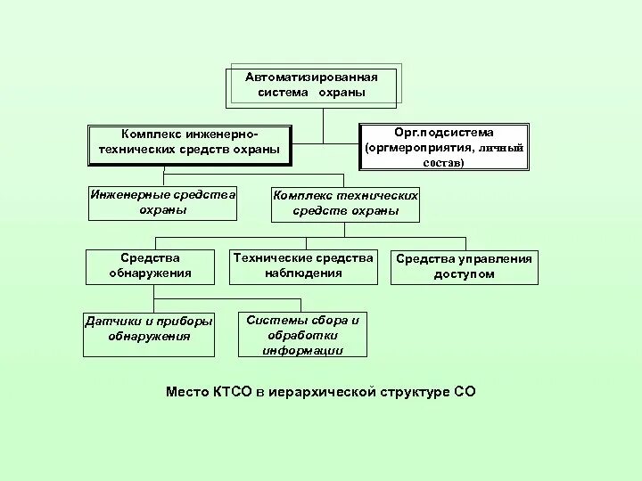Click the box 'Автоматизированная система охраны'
[x=311, y=86]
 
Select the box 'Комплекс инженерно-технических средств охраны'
[x=189, y=143]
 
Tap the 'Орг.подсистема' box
[x=443, y=147]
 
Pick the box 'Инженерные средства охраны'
[x=162, y=202]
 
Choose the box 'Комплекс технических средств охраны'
[x=345, y=204]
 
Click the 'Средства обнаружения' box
[x=151, y=266]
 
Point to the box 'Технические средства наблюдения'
[x=302, y=266]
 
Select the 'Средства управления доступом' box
[x=464, y=266]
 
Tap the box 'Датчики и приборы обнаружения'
[x=149, y=330]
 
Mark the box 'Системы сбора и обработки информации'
[x=303, y=335]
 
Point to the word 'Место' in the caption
[x=187, y=391]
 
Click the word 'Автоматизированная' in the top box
[x=311, y=77]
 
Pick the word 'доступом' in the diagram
[x=464, y=274]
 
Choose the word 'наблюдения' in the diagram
[x=302, y=273]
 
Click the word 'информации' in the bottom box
[x=303, y=350]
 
